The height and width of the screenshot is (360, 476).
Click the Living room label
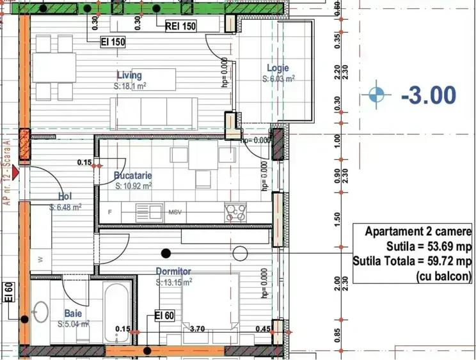[x=129, y=75]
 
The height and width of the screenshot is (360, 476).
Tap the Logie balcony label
[x=278, y=68]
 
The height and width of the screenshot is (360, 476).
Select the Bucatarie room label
[x=132, y=175]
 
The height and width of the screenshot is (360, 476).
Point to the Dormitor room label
[x=173, y=271]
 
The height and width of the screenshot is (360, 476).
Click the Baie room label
[x=73, y=313]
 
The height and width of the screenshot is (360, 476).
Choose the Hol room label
[x=65, y=197]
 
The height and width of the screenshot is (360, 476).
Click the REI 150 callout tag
[x=180, y=26]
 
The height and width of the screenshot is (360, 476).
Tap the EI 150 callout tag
[x=113, y=43]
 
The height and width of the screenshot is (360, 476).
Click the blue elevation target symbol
[x=379, y=95]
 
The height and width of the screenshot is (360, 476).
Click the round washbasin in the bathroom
[x=40, y=311]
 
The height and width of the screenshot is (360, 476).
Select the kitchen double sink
[x=148, y=210]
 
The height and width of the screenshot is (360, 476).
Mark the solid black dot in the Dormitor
[x=166, y=253]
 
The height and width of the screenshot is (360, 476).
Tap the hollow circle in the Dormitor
[x=241, y=253]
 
